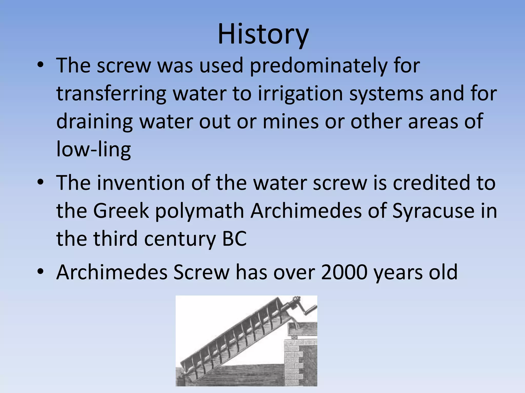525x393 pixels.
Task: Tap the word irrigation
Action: (x=300, y=93)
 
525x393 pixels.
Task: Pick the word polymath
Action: (x=199, y=211)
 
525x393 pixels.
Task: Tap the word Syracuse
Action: (x=433, y=211)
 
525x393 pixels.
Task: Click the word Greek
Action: (x=121, y=211)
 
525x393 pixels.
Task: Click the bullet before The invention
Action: (x=41, y=183)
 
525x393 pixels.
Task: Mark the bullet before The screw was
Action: (x=41, y=66)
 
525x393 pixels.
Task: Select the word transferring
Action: (x=111, y=93)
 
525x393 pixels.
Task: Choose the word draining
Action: (x=94, y=122)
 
